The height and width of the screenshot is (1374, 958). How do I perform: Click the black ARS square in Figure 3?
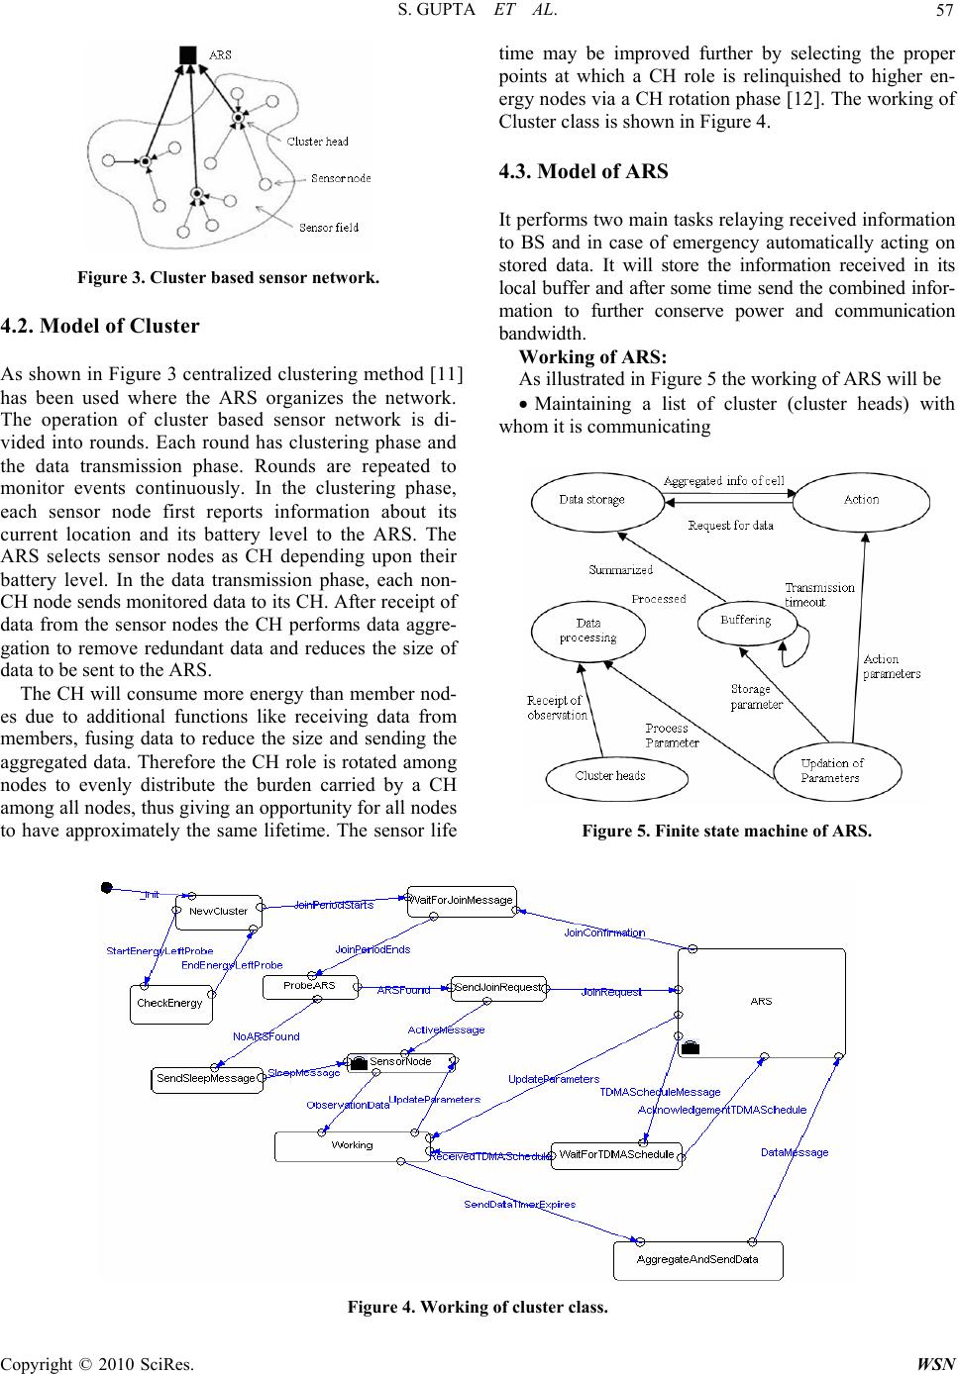point(188,55)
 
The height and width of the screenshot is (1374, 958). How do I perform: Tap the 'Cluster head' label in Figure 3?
point(317,142)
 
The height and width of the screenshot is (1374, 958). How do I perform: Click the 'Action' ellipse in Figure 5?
point(861,501)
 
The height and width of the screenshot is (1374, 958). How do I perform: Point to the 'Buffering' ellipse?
point(747,623)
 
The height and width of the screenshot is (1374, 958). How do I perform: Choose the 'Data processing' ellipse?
point(587,632)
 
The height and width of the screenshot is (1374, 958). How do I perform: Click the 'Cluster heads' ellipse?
point(616,776)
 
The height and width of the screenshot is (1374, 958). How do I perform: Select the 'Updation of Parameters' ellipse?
point(837,771)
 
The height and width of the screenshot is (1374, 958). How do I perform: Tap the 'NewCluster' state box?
point(219,912)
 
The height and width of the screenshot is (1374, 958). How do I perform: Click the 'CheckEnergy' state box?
point(171,1004)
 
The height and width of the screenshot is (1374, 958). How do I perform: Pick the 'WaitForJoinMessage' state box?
point(462,901)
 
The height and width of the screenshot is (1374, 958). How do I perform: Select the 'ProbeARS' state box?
point(310,986)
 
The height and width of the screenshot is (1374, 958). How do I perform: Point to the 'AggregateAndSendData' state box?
point(697,1260)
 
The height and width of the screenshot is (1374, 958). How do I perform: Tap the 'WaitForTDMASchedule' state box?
point(616,1155)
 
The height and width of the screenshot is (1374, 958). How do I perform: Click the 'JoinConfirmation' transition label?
point(604,932)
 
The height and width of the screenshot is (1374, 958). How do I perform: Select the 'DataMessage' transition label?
point(795,1152)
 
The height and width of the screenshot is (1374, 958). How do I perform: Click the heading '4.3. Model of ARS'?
point(584,171)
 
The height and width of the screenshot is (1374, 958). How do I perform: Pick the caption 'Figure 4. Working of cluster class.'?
point(478,1307)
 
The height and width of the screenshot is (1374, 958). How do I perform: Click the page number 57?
point(945,10)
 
